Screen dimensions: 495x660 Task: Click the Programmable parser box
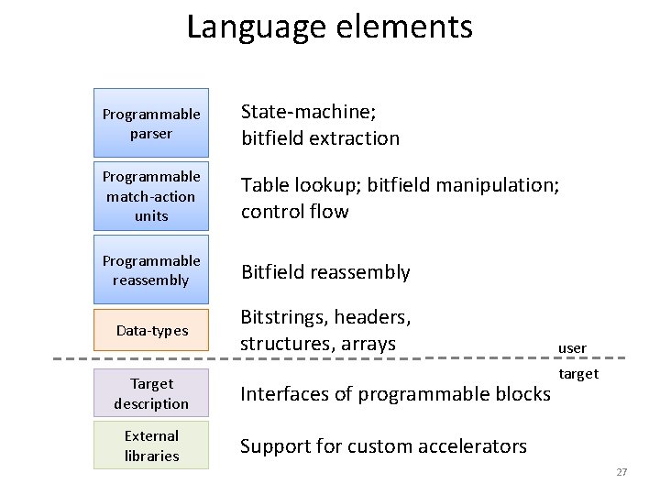151,123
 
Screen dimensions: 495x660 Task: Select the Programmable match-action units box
151,196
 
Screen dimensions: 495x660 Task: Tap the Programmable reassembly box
151,270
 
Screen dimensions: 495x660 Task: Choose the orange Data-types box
151,330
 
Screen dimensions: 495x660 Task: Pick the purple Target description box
151,393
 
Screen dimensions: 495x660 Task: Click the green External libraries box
151,445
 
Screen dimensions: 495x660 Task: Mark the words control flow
294,212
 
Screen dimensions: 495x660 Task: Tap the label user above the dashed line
572,348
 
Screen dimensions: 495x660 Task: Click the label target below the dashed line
577,373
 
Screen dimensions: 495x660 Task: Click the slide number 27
621,472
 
